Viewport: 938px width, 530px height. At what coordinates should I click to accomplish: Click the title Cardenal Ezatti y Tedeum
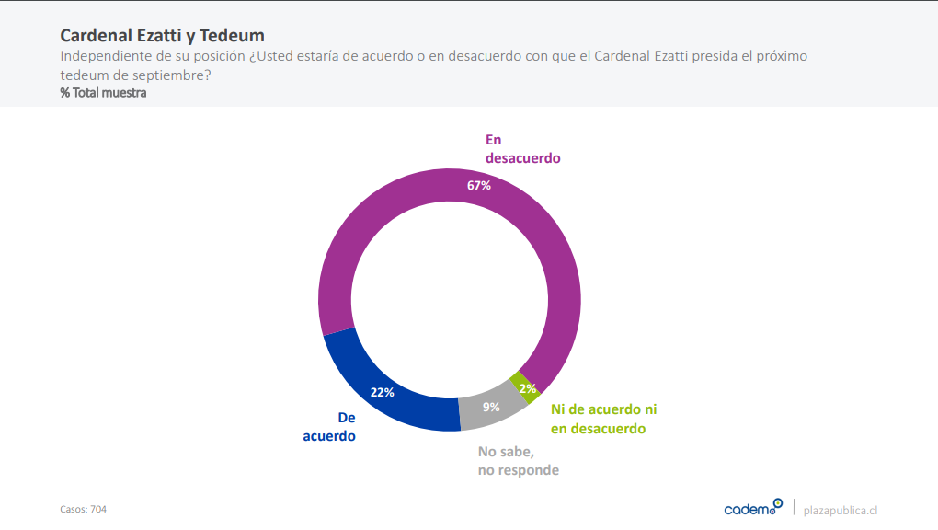point(162,36)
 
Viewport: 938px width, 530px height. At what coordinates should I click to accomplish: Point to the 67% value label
point(479,185)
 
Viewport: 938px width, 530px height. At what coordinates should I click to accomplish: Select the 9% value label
point(491,406)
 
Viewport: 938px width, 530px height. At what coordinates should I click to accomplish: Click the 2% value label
point(528,388)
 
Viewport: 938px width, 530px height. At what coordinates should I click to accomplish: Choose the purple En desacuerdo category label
point(522,149)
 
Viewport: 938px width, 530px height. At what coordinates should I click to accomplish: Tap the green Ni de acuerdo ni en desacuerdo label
point(603,419)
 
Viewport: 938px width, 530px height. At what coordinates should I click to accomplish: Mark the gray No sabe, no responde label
point(519,461)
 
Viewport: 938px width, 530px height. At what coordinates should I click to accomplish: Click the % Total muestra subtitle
point(103,93)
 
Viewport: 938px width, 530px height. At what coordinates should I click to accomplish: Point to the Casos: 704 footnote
point(83,509)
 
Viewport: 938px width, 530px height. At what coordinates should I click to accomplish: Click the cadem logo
point(753,508)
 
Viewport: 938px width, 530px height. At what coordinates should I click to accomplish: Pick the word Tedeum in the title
point(235,36)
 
